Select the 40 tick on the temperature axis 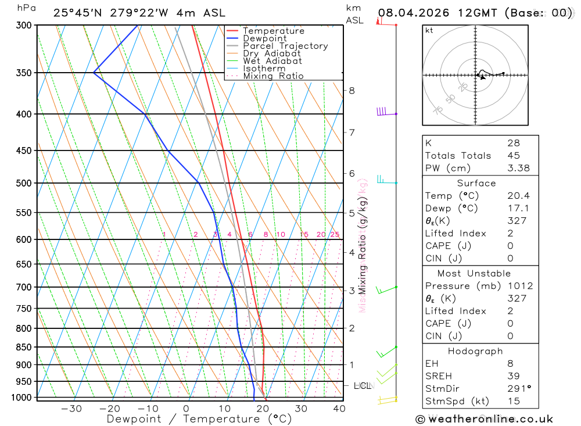[x=339, y=409]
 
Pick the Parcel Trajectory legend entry [x=285, y=46]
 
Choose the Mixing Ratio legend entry [x=273, y=76]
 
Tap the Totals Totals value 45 [x=514, y=156]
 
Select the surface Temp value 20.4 [x=518, y=196]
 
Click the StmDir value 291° [x=518, y=389]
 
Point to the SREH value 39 [x=514, y=376]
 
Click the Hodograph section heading [x=475, y=351]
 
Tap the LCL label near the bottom [x=363, y=385]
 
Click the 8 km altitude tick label [x=352, y=91]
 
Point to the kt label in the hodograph [x=429, y=30]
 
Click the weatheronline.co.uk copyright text [x=484, y=419]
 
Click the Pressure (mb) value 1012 [x=519, y=286]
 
